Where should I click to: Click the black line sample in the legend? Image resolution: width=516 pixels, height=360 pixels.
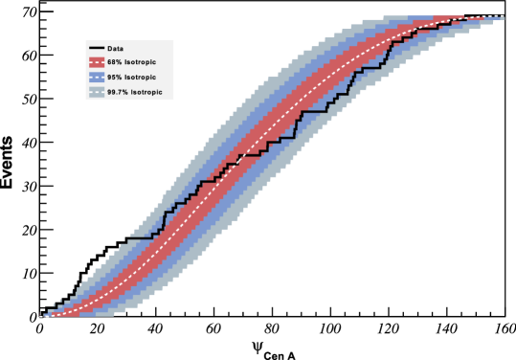point(97,48)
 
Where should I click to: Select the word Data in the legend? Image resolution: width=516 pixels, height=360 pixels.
point(115,48)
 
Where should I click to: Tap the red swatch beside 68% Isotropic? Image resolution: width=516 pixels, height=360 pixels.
point(97,62)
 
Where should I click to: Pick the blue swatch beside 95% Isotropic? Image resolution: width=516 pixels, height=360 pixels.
point(97,78)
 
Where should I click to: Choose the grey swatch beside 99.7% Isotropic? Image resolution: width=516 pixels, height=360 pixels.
point(97,93)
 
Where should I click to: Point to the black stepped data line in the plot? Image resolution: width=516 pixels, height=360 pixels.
point(316,112)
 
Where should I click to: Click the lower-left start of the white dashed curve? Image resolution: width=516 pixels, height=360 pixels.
point(44,315)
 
